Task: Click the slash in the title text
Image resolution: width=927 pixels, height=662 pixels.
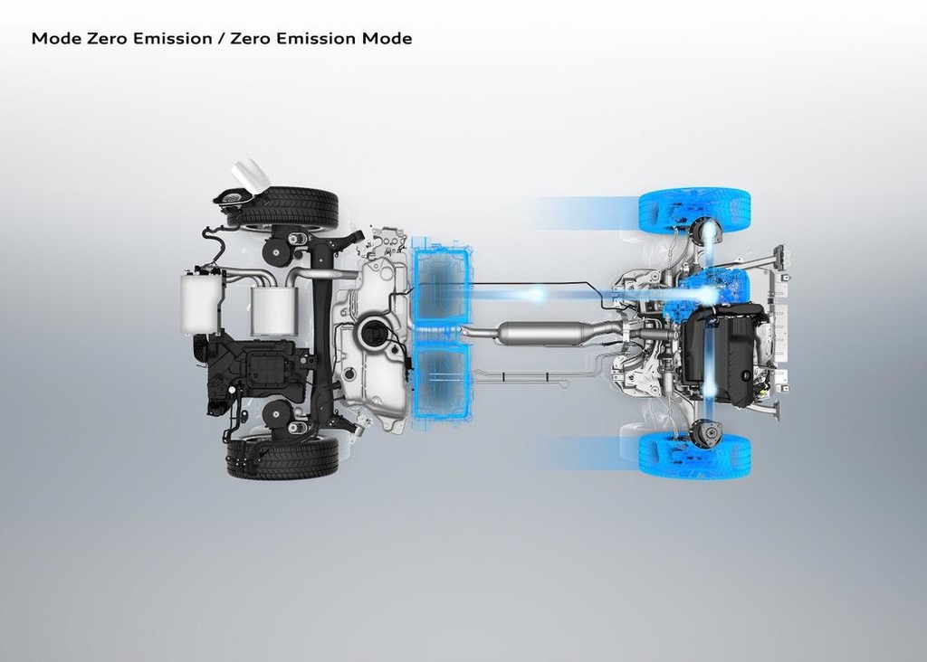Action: tap(221, 38)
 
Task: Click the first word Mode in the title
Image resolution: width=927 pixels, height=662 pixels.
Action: tap(56, 38)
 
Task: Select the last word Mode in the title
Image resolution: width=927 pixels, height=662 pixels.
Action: tap(387, 38)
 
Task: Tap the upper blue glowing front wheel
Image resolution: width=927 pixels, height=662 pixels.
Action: tap(695, 210)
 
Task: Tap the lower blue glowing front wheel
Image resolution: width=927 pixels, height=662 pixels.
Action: tap(695, 455)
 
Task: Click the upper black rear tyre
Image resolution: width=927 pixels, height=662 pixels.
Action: tap(282, 207)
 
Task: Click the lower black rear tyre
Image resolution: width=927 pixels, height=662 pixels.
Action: tap(282, 457)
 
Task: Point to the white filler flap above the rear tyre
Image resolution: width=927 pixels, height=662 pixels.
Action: tap(250, 175)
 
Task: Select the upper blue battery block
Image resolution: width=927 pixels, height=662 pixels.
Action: tap(442, 287)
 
